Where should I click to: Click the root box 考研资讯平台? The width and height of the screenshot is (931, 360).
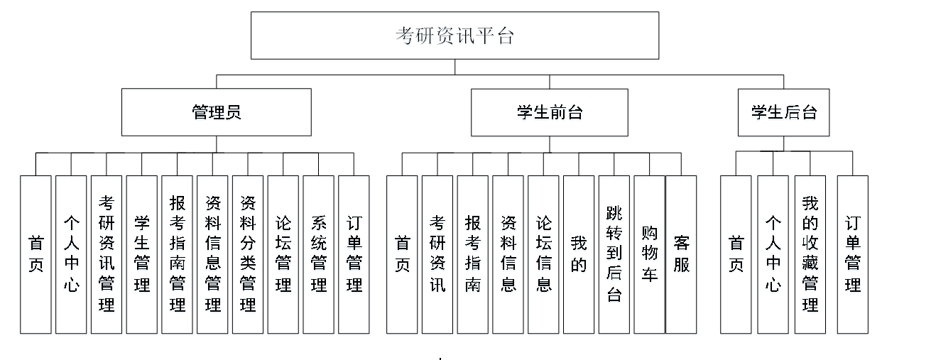coord(454,36)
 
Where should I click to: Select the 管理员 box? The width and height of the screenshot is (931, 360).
coord(216,112)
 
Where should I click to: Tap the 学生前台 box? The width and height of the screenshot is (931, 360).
coord(549,112)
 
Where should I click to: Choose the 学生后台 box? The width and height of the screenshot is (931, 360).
coord(783,112)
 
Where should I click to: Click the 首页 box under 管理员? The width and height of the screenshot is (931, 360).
coord(36,254)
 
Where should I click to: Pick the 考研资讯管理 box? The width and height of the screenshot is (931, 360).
coord(107,254)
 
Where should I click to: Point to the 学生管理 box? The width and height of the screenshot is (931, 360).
coord(142,254)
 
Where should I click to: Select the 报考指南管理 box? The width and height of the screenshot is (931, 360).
coord(178,254)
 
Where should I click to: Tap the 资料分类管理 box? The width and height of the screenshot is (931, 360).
coord(248,254)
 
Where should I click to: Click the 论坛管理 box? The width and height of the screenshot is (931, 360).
coord(283,254)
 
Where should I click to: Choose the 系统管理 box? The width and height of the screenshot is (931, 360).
coord(319,254)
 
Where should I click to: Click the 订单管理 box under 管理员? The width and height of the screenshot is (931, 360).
coord(354,254)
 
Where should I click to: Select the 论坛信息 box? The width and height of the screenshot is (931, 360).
coord(543,254)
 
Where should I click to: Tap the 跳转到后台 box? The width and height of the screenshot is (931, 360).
coord(614,254)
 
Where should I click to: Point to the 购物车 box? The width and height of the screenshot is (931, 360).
coord(649,254)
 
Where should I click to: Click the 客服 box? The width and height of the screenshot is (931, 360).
coord(682,254)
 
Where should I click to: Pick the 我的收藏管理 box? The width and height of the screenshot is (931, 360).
coord(810,254)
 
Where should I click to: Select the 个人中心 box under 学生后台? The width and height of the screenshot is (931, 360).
coord(773,254)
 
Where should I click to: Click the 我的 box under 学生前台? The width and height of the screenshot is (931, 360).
coord(579,254)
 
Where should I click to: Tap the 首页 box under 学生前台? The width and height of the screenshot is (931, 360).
coord(402,254)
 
